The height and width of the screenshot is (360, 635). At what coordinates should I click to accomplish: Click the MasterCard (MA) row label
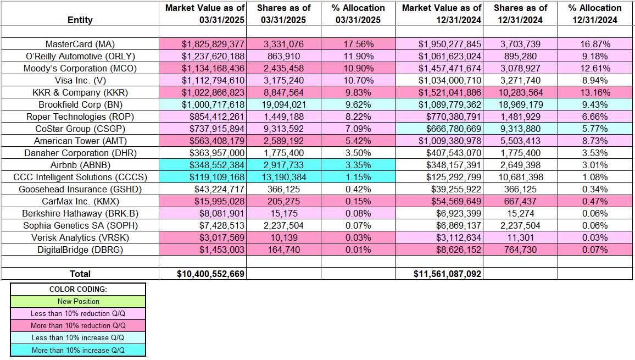tap(80, 44)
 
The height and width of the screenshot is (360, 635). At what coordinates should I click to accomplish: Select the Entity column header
tap(80, 20)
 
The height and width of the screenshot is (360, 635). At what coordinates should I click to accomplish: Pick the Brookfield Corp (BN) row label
tap(80, 104)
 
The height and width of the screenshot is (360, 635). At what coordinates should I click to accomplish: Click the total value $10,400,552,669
tap(211, 274)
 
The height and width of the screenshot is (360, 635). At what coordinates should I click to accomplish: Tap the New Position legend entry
tap(78, 301)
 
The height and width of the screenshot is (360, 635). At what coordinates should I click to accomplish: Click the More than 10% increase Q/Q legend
tap(78, 350)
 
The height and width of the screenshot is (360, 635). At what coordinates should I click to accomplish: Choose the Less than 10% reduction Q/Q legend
tap(78, 313)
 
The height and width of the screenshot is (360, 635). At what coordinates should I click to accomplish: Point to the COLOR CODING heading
tap(78, 289)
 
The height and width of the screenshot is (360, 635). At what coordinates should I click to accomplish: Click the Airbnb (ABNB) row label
tap(80, 165)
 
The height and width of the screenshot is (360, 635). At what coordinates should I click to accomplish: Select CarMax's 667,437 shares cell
tap(521, 201)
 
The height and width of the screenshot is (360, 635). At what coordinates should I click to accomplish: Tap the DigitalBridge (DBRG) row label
tap(80, 250)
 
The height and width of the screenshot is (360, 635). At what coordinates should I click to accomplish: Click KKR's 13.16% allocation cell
tap(592, 92)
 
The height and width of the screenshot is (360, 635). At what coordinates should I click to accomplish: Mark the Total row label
tap(80, 274)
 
